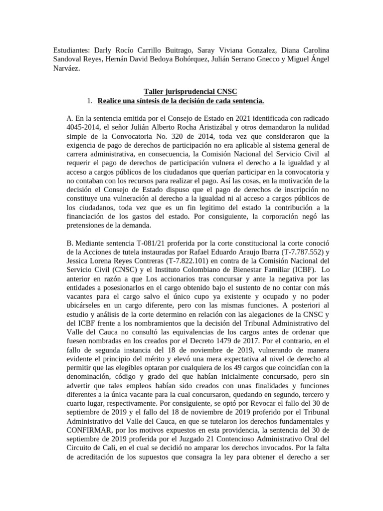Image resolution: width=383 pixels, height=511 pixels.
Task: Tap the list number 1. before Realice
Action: tap(89, 101)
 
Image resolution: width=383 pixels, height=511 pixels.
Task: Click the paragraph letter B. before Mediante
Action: tap(69, 242)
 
